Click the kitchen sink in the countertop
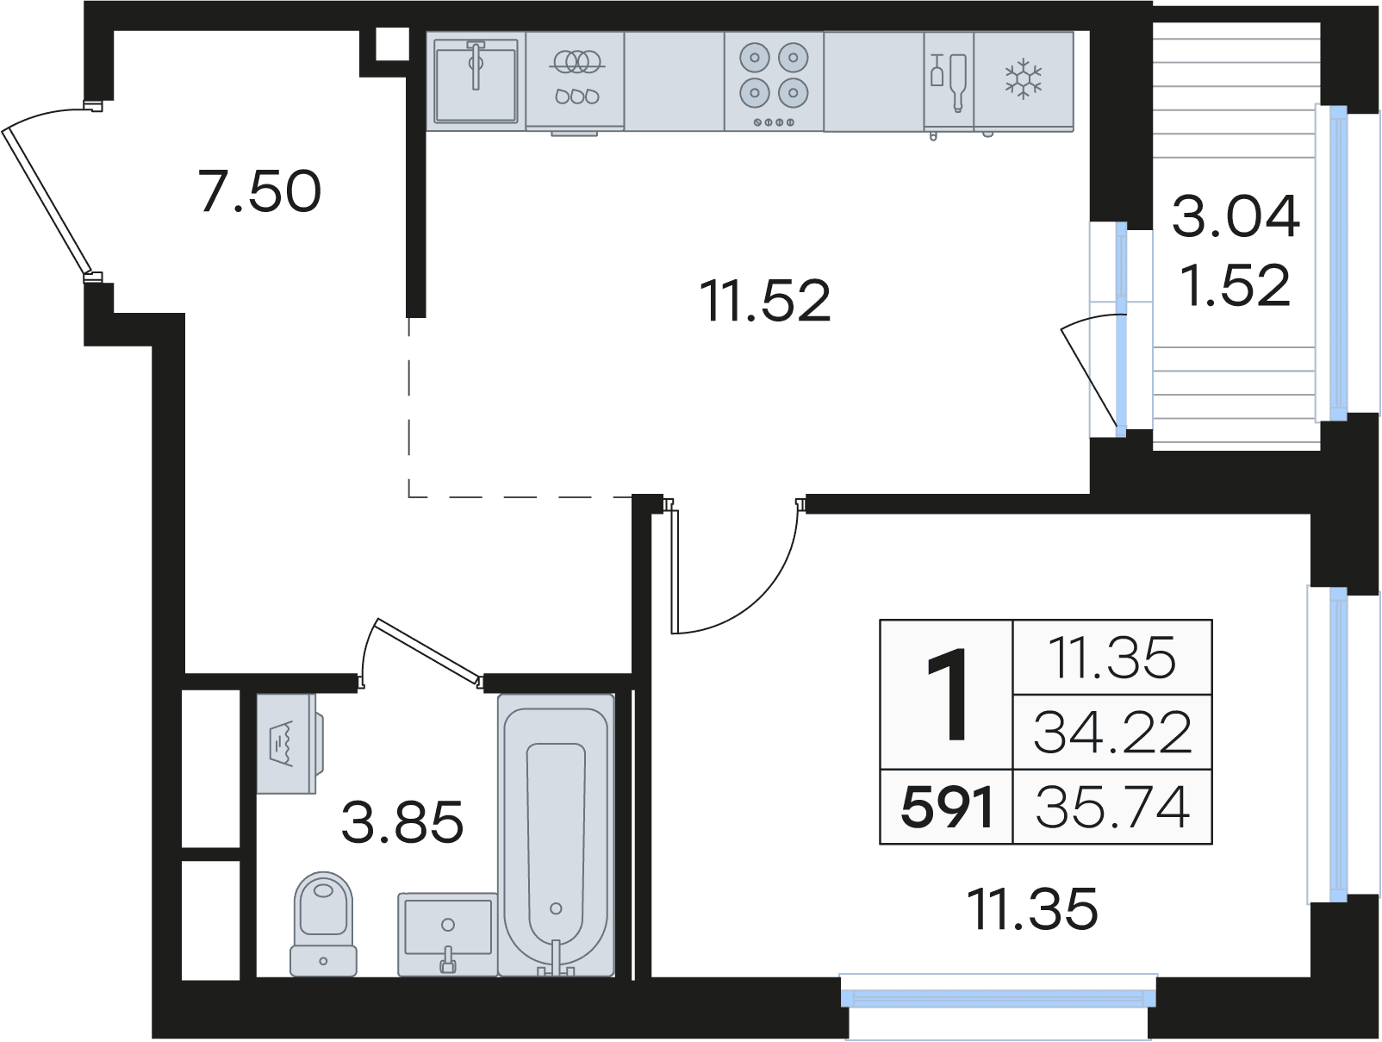pos(476,81)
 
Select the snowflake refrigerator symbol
pos(1023,79)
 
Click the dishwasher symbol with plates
pos(574,81)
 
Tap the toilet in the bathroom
pos(323,923)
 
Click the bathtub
pos(556,835)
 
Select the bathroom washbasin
pos(448,933)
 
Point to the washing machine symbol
pos(289,744)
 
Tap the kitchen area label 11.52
pos(765,301)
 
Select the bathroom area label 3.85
pos(402,821)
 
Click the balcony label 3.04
pos(1236,216)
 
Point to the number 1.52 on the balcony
pos(1236,285)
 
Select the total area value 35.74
pos(1113,808)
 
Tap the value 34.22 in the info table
pos(1113,733)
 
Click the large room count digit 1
pos(948,695)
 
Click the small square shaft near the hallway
pos(392,44)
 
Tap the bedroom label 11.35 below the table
pos(1032,909)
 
